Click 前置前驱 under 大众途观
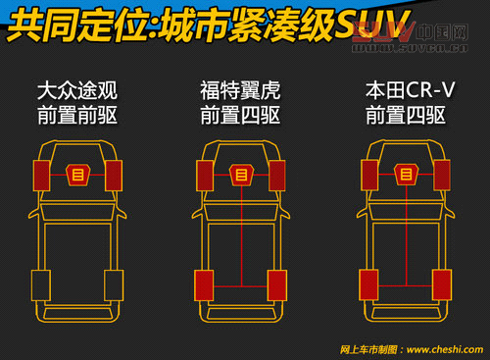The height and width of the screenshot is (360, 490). [76, 116]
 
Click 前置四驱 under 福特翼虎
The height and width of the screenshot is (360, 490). [240, 116]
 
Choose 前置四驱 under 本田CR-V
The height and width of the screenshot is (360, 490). [406, 116]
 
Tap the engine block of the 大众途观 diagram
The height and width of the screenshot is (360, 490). [77, 176]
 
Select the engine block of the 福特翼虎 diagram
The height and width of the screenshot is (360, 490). [241, 176]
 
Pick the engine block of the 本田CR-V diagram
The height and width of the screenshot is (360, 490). [406, 176]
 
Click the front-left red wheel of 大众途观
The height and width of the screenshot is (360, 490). [41, 176]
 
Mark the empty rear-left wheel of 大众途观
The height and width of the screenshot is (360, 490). [40, 284]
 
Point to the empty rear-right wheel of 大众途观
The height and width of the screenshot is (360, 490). [114, 284]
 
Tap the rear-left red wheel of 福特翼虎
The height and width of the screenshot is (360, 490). [205, 284]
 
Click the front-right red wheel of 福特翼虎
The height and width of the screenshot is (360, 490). [277, 176]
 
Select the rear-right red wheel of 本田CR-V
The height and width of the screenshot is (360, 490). [442, 284]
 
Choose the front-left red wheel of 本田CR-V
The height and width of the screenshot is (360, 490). [369, 176]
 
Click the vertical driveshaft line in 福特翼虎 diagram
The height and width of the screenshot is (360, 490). [241, 235]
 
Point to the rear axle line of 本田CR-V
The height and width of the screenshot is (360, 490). [406, 285]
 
